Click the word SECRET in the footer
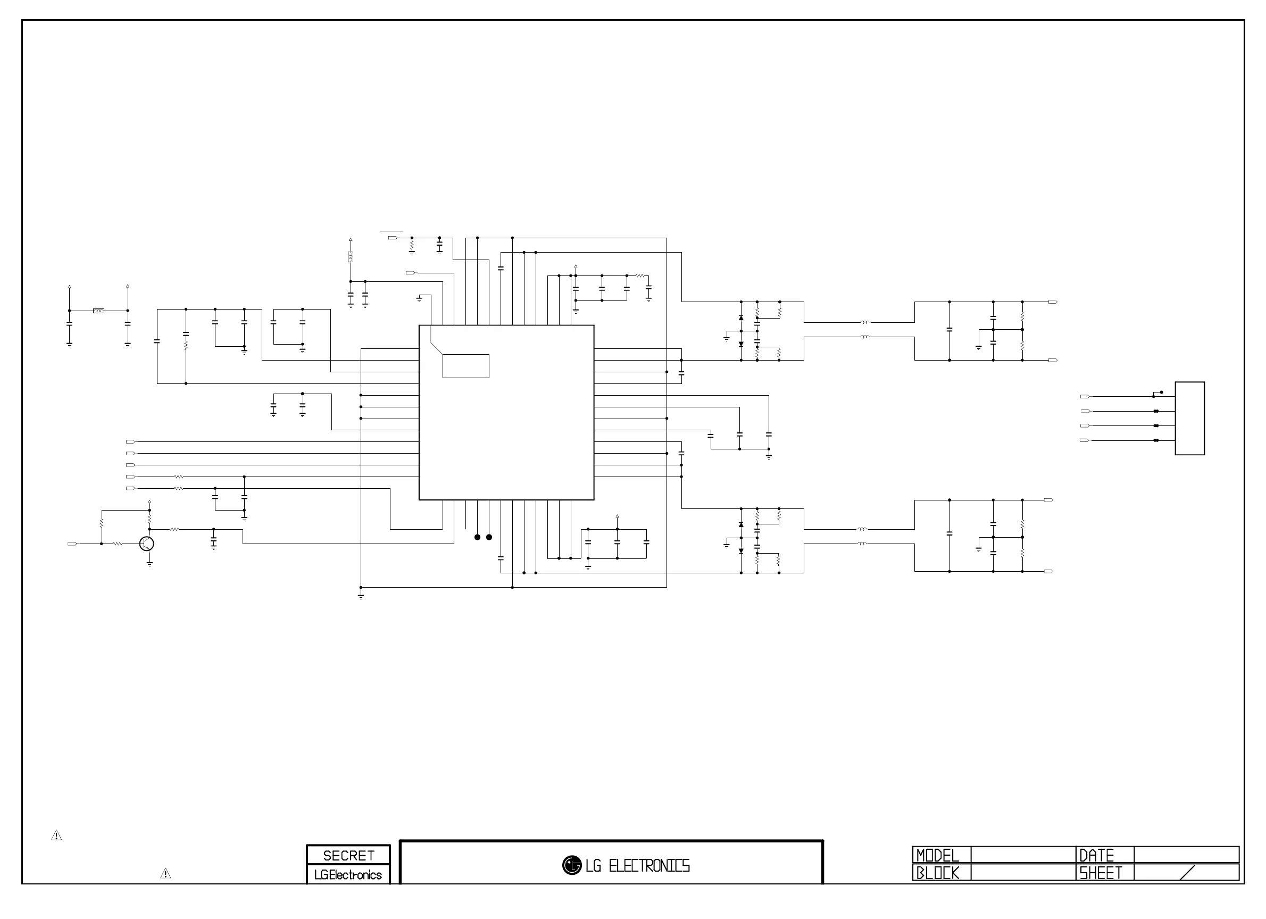348,855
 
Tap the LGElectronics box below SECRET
348,874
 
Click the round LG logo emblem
572,865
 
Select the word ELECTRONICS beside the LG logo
649,866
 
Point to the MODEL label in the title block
938,855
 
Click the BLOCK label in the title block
938,873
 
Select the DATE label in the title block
1096,855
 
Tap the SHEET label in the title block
1100,873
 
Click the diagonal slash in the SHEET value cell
1187,873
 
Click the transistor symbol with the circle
147,544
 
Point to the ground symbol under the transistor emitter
149,564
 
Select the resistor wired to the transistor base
117,544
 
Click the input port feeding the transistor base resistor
72,544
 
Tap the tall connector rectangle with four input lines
1189,419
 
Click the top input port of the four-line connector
1085,397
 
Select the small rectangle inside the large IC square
466,366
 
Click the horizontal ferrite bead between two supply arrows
99,310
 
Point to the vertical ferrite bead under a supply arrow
351,257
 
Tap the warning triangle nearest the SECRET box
166,874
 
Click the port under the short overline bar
393,238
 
